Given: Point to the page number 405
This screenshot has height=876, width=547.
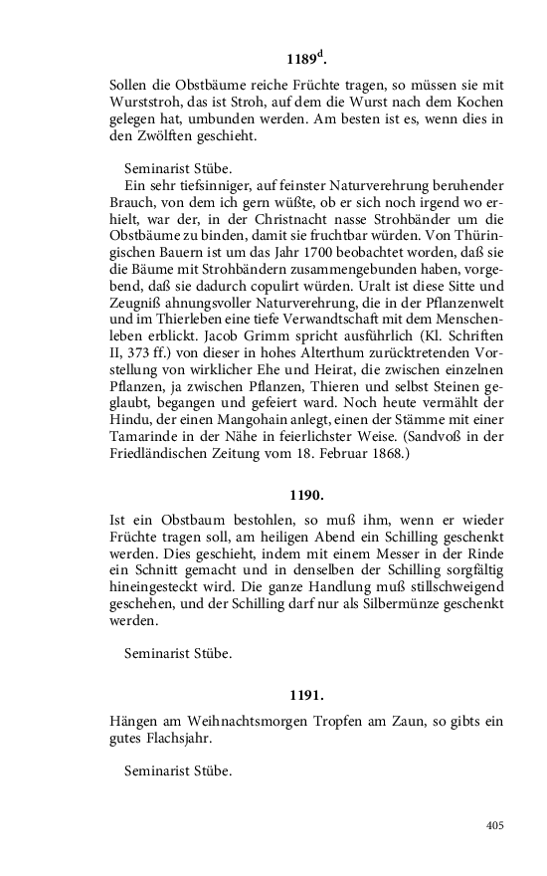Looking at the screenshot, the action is (x=495, y=825).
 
